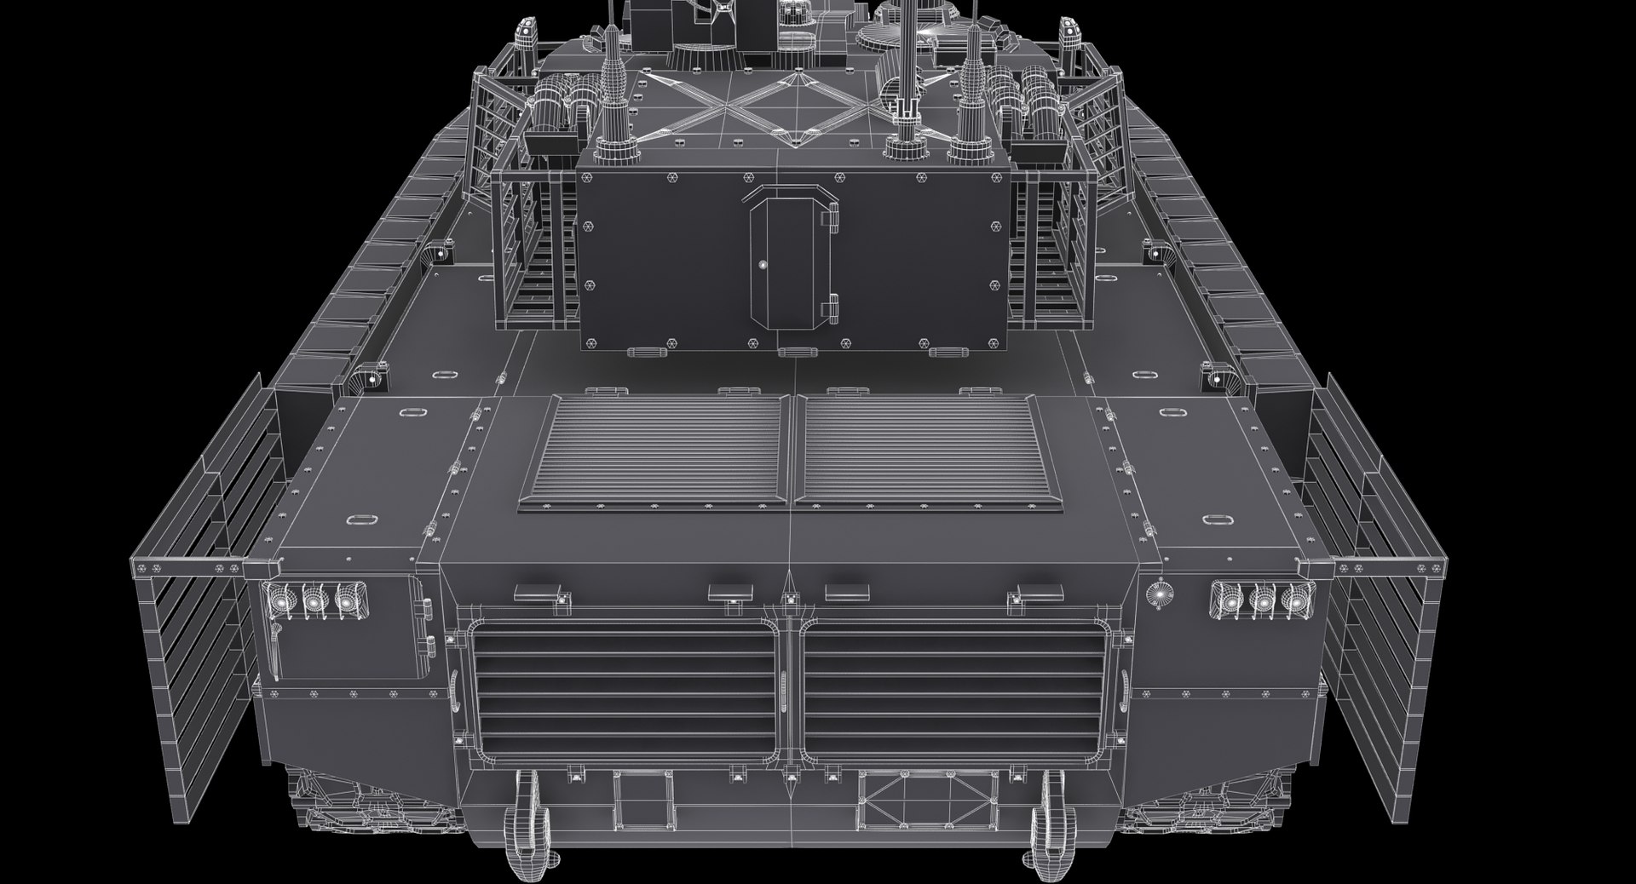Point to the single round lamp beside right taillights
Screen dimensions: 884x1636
pyautogui.click(x=1158, y=594)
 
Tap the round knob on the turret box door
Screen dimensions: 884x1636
pyautogui.click(x=763, y=265)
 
